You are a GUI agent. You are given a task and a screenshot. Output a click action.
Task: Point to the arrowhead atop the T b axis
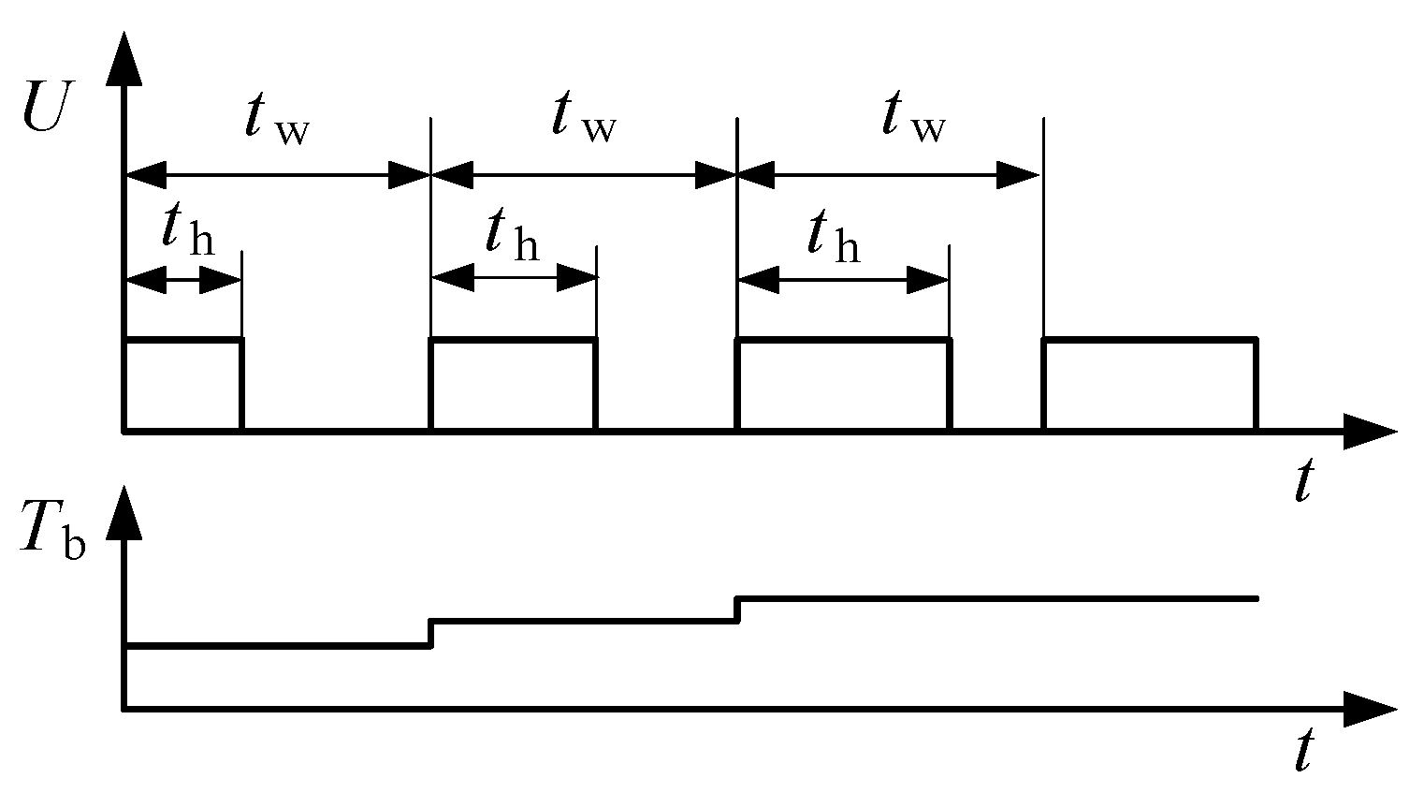tap(124, 512)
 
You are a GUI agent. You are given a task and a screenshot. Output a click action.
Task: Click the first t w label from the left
tap(275, 120)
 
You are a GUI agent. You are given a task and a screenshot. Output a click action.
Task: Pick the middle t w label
tap(583, 120)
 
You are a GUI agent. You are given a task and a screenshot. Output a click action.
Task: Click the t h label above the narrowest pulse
tap(186, 231)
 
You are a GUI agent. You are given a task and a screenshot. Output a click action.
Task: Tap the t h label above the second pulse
tap(512, 236)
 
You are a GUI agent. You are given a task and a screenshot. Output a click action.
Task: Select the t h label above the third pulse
tap(834, 236)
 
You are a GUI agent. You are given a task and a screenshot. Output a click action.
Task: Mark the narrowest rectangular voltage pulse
tap(183, 385)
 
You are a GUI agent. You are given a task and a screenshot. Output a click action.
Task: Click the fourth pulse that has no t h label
tap(1150, 385)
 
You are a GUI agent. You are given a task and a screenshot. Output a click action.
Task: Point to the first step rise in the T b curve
tap(430, 632)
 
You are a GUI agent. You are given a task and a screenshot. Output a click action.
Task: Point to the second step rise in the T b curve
tap(738, 609)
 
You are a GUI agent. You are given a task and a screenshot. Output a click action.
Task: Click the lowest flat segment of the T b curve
tap(277, 644)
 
